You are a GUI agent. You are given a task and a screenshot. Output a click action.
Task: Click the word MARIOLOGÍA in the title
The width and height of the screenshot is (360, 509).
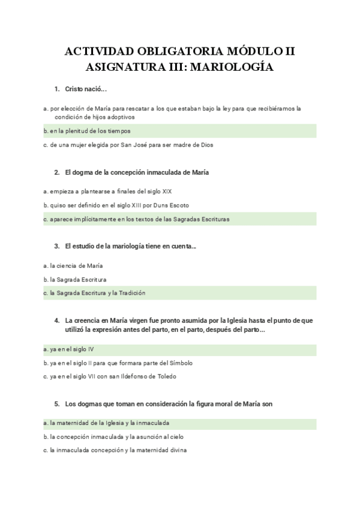coord(233,67)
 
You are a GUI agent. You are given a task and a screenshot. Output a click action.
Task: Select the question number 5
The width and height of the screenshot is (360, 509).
coord(56,404)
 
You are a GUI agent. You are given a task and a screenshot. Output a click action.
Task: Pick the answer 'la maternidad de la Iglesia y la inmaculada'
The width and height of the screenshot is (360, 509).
coord(110,423)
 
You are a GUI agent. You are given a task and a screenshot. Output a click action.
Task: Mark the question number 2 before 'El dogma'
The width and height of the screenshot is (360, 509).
coord(56,172)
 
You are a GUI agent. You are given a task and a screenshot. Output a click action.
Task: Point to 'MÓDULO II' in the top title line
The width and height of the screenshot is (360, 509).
coord(263,51)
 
